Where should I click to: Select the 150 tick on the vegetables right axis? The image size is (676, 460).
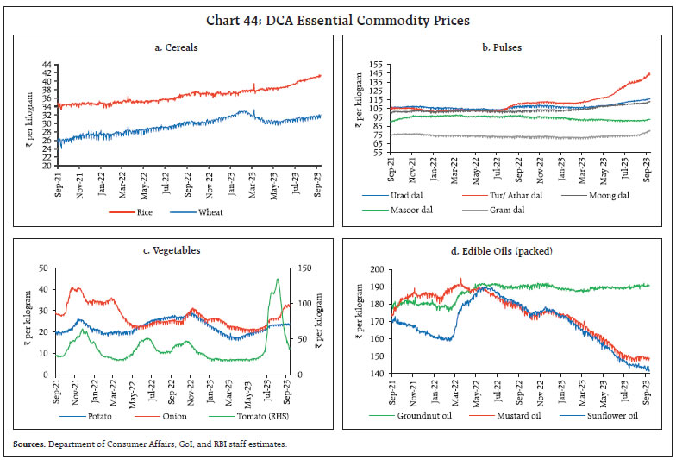point(309,268)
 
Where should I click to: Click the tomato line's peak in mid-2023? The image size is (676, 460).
point(278,279)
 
